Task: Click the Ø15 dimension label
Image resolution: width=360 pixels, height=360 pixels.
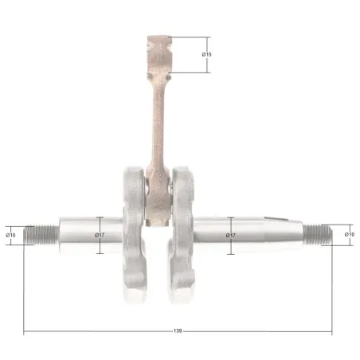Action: (206, 54)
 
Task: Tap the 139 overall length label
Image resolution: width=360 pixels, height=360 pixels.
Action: (178, 331)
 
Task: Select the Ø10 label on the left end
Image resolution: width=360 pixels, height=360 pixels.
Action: (10, 235)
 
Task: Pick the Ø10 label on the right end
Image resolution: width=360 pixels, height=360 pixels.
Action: (350, 234)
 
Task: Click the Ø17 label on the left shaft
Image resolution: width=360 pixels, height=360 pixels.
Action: (100, 235)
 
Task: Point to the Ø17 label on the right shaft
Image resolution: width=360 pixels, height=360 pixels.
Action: (231, 235)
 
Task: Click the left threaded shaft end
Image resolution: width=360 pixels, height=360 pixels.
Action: (41, 235)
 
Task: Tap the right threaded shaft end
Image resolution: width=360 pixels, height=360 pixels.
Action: (318, 234)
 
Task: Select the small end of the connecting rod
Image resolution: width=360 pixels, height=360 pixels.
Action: (159, 54)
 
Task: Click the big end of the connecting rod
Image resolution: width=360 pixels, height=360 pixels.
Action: (157, 198)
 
